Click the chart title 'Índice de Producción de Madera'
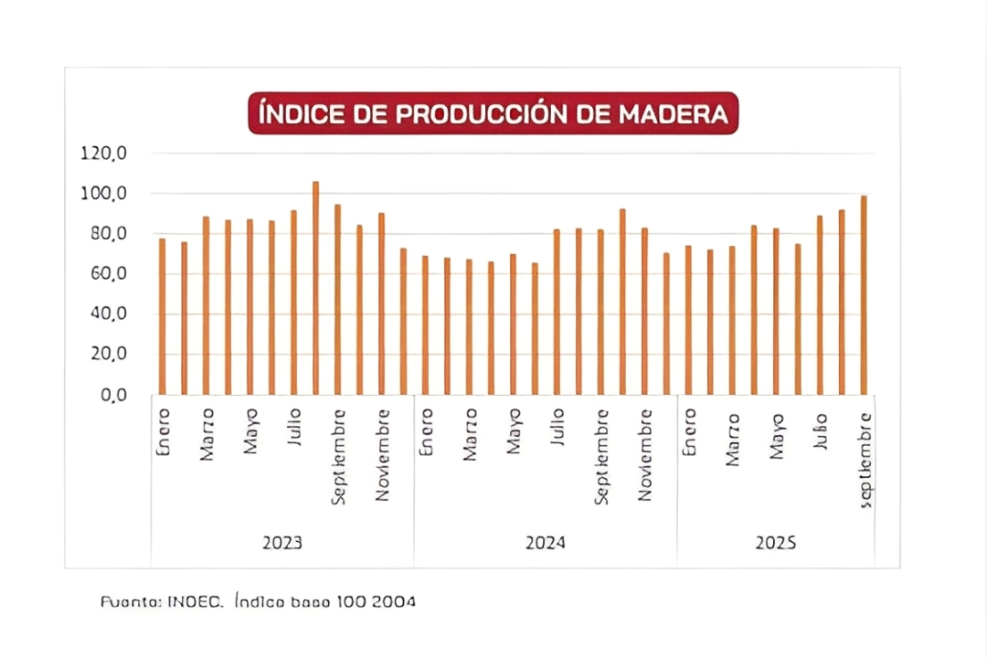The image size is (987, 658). pos(493,113)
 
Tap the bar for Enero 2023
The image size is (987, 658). pos(162,316)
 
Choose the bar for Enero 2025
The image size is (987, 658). pos(688,320)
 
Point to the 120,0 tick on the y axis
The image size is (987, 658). pos(102,154)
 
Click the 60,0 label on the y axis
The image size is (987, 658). pos(106,274)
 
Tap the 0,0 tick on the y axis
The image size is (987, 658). pos(111,395)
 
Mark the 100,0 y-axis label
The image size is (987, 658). pos(102,194)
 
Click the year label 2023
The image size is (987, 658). pos(282,543)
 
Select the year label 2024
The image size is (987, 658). pos(546,543)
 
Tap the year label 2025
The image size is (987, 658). pos(776,543)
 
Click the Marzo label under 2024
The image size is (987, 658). pos(470,434)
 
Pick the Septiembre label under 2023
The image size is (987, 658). pos(338,457)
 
